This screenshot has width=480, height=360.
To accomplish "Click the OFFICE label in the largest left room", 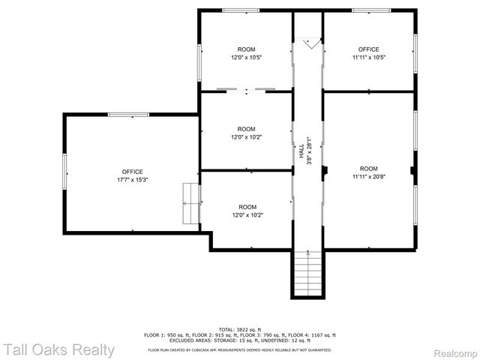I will tap(132, 172).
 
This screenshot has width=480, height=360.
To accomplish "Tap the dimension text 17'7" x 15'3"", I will tap(132, 180).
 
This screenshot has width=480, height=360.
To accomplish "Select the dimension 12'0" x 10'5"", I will tap(246, 57).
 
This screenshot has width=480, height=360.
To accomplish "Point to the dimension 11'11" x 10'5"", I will tap(368, 57).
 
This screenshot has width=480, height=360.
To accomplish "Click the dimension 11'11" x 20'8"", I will tap(368, 177).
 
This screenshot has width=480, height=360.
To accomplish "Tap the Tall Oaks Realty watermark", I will tap(58, 349).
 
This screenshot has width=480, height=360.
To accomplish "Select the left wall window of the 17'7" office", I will tap(64, 171).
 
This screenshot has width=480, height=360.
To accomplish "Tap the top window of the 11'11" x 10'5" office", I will tap(371, 10).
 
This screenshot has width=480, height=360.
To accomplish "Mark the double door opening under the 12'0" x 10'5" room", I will tap(246, 91).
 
